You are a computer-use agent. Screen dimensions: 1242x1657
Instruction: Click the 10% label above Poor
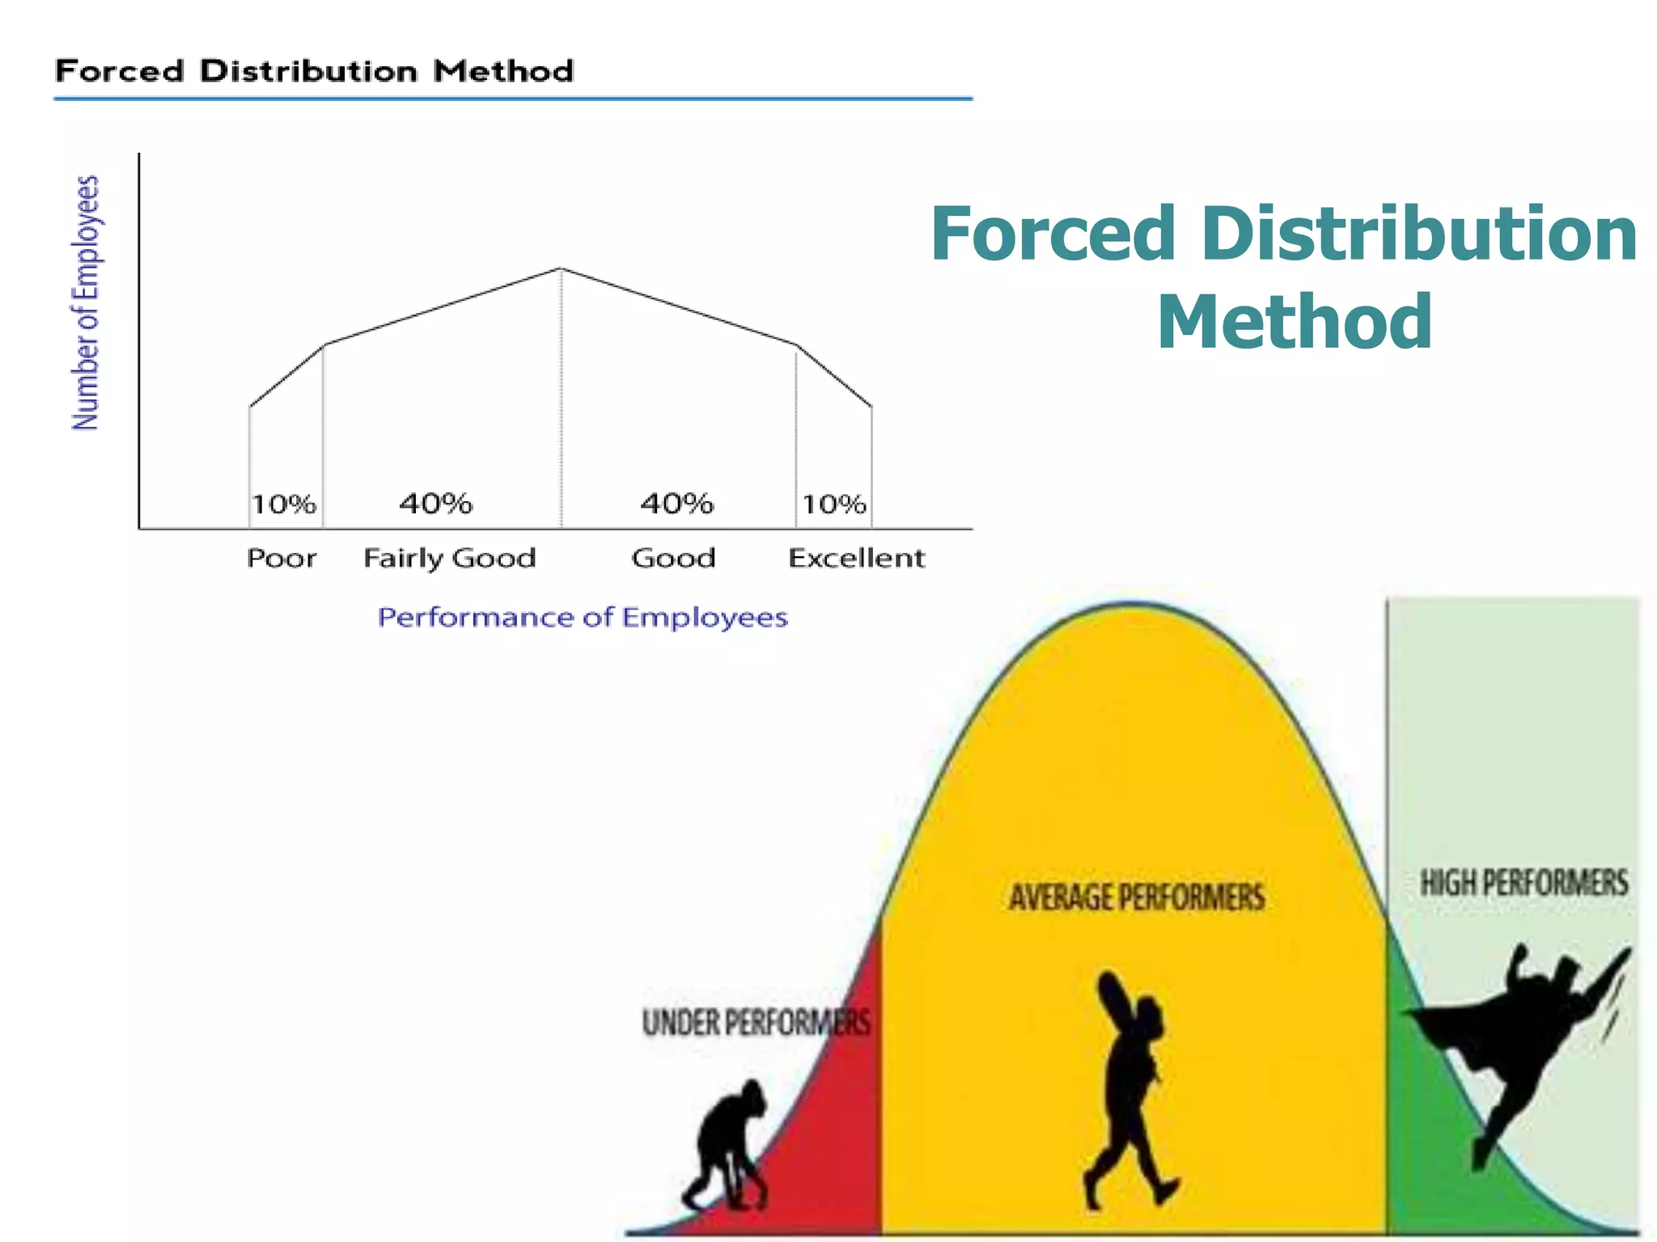[x=283, y=505]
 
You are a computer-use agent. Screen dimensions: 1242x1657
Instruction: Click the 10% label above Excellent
[x=834, y=505]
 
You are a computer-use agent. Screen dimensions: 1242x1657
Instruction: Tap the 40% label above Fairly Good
[x=435, y=504]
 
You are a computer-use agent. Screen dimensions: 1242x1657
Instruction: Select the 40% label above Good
[x=676, y=504]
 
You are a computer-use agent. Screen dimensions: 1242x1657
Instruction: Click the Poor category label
[x=282, y=558]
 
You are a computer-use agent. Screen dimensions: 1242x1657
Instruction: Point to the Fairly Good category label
[x=450, y=558]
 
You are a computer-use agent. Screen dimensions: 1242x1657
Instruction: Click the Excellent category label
[x=856, y=558]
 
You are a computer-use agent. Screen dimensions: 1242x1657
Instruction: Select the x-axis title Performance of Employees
[x=583, y=618]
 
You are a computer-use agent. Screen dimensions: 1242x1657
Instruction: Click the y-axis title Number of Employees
[x=86, y=302]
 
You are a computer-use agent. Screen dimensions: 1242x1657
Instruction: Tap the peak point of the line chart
[x=561, y=268]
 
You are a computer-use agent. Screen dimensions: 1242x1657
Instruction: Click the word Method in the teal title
[x=1295, y=322]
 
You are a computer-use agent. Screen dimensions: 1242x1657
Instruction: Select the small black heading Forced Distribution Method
[x=314, y=71]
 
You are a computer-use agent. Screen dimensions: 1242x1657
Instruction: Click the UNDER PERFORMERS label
[x=756, y=1023]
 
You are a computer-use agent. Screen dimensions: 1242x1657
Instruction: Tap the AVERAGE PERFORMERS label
[x=1137, y=898]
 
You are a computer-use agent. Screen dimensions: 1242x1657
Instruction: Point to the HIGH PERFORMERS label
[x=1524, y=883]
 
